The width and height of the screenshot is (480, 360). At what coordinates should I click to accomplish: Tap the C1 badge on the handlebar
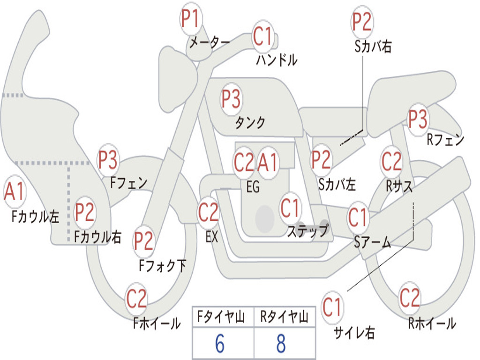263,36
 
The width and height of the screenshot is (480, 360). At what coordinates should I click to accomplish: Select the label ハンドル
277,60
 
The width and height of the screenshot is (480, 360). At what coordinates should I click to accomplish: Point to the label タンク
250,123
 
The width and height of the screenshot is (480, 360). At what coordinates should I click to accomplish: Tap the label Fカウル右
98,237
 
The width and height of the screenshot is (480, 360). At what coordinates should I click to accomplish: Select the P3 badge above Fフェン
108,160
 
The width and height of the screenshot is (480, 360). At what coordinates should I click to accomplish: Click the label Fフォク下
162,266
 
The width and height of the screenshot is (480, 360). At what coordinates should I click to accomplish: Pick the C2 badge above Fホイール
136,299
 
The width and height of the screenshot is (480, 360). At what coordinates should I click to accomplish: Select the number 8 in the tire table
281,345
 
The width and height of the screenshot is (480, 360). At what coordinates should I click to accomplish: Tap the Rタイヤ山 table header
284,318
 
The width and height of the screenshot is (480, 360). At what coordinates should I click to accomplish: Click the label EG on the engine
253,187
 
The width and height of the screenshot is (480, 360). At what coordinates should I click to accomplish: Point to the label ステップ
307,231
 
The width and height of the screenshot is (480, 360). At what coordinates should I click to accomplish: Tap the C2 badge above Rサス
391,162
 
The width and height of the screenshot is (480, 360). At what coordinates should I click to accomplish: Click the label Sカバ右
373,46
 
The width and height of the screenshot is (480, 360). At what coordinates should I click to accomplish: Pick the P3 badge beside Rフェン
418,120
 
